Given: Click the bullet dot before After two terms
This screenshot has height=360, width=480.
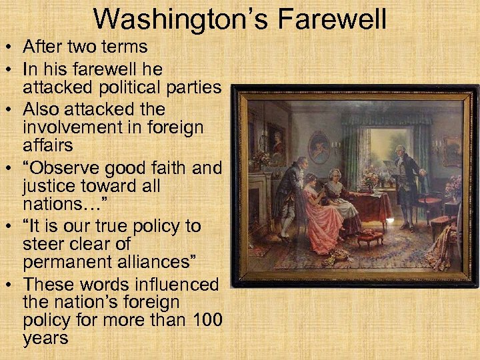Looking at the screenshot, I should point(10,48).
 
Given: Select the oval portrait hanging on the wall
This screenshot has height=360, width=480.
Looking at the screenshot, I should point(319,147).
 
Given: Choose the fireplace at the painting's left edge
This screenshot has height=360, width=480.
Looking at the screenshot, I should point(256,207).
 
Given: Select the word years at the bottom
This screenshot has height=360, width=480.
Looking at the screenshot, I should point(45,337).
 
